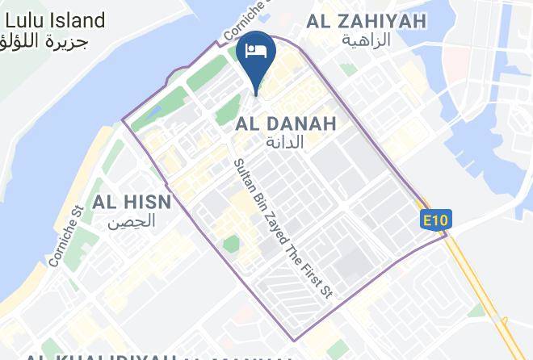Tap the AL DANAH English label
(x=285, y=123)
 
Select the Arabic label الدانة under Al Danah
(x=285, y=143)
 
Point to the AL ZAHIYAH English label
(x=366, y=21)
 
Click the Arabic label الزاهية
(x=366, y=40)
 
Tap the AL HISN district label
(x=131, y=202)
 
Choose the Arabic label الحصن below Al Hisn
(x=132, y=220)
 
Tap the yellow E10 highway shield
(x=435, y=220)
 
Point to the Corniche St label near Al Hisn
(x=65, y=237)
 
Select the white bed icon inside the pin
(x=256, y=50)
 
